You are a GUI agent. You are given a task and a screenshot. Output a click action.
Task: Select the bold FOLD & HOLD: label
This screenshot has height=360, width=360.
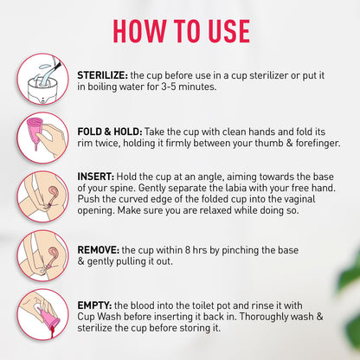[113, 125]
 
